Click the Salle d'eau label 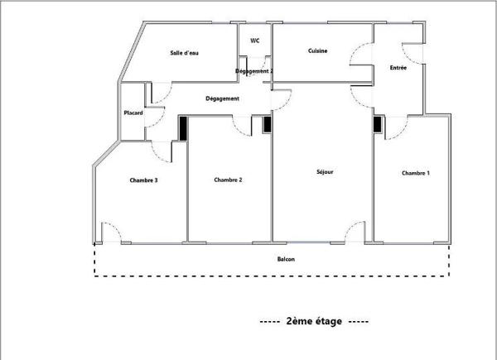pos(185,53)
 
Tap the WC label pos(254,40)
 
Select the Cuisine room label pos(317,51)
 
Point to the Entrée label pos(398,67)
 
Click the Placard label pos(133,113)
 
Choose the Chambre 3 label pos(143,180)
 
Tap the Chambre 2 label pos(228,180)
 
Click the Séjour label pos(325,173)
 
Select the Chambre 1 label pos(416,173)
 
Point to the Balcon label pos(287,260)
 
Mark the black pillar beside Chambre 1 pos(378,124)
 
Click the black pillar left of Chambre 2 pos(183,127)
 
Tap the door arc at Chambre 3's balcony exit pos(112,232)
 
